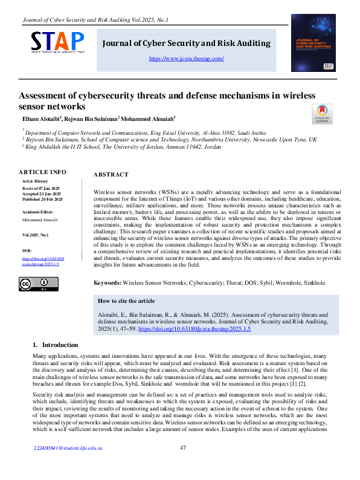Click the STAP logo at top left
(x=58, y=42)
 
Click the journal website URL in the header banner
(x=186, y=59)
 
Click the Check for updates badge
(x=321, y=114)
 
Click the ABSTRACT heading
(x=111, y=175)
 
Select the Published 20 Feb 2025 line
(x=44, y=198)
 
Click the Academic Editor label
(x=37, y=212)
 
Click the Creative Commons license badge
(x=34, y=284)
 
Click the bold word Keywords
(x=107, y=282)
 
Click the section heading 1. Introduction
(x=56, y=345)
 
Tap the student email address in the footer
(x=68, y=465)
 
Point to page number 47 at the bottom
(x=183, y=465)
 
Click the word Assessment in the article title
(x=45, y=96)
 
